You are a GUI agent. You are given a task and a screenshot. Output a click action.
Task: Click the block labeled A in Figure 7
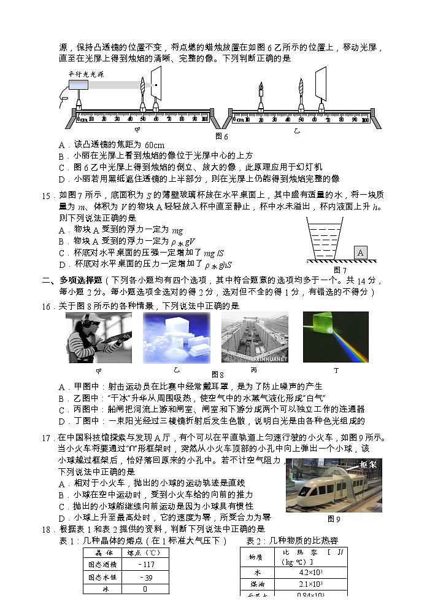(361, 253)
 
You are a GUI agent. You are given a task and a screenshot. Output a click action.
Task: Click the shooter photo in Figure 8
(98, 337)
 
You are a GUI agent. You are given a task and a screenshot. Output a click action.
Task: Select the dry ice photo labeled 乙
(176, 337)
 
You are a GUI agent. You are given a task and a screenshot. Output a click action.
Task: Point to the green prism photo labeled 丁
(336, 337)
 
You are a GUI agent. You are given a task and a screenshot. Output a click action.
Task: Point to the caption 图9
(334, 519)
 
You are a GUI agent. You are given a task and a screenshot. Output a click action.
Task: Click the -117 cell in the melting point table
(146, 565)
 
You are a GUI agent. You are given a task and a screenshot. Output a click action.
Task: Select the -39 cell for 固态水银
(146, 577)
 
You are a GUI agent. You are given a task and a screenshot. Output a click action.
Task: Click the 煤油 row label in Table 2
(254, 584)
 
